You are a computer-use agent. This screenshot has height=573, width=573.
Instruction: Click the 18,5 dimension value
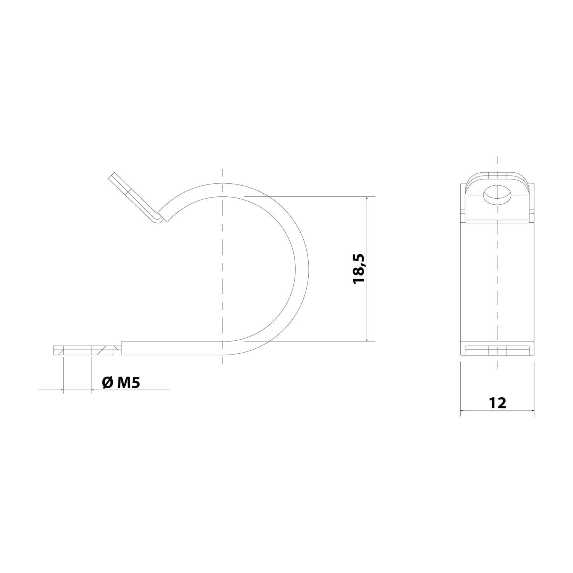click(359, 269)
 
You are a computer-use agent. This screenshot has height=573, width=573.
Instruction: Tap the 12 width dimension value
click(497, 403)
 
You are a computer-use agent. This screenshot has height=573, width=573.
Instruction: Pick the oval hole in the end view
click(497, 195)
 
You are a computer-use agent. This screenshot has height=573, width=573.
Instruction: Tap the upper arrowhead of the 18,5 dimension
click(367, 200)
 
